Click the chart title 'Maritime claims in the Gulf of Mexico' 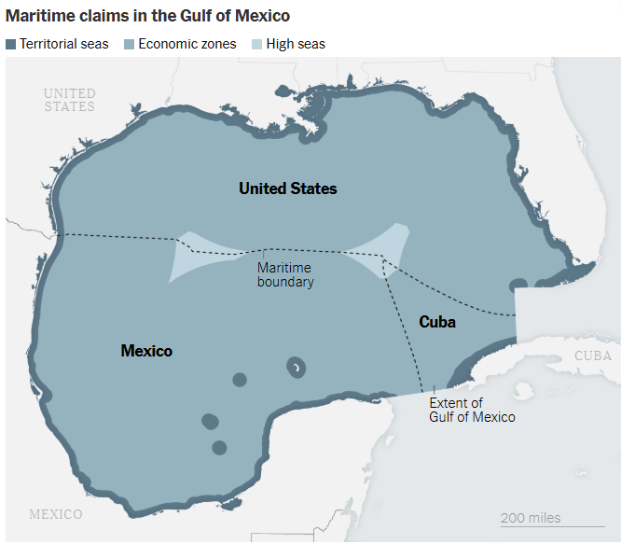pyautogui.click(x=147, y=17)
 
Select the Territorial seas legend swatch pyautogui.click(x=11, y=44)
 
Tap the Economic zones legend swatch pyautogui.click(x=130, y=44)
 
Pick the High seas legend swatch pyautogui.click(x=256, y=44)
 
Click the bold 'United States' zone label pyautogui.click(x=287, y=188)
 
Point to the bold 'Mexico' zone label pyautogui.click(x=146, y=351)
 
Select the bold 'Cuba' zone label pyautogui.click(x=436, y=322)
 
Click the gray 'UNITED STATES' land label pyautogui.click(x=70, y=100)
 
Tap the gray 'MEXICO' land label pyautogui.click(x=56, y=514)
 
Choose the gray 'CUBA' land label pyautogui.click(x=592, y=356)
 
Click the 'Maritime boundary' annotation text pyautogui.click(x=285, y=274)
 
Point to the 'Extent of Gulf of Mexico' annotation pyautogui.click(x=472, y=410)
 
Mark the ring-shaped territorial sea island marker pyautogui.click(x=297, y=367)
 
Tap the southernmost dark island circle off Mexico pyautogui.click(x=219, y=448)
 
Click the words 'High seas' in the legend pyautogui.click(x=296, y=44)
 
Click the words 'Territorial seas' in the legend pyautogui.click(x=64, y=44)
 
